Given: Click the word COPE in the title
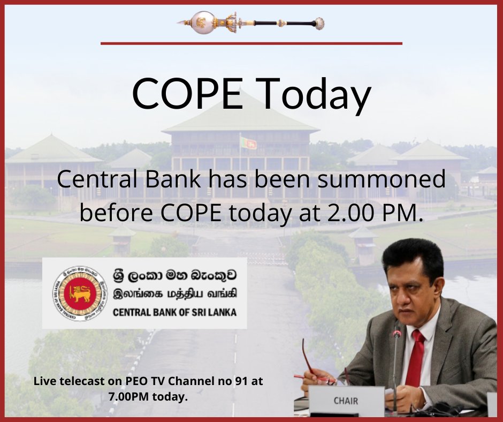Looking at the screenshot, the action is click(x=187, y=93).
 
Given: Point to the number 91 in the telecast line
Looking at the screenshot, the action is click(x=241, y=381).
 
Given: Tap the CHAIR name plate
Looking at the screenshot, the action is click(x=346, y=401).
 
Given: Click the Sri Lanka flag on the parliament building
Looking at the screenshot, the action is click(x=249, y=143).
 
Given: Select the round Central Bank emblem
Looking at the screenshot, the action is click(x=80, y=293).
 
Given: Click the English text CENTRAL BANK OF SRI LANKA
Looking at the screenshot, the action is click(x=175, y=312).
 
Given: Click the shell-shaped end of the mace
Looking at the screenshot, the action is click(x=319, y=24).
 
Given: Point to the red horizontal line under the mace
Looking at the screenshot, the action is click(x=251, y=43).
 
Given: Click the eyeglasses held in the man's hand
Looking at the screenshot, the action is click(x=316, y=366).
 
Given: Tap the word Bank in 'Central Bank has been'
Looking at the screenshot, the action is click(x=173, y=179).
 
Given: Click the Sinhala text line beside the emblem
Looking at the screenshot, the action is click(x=175, y=276).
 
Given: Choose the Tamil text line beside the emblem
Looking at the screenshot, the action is click(x=176, y=294).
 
